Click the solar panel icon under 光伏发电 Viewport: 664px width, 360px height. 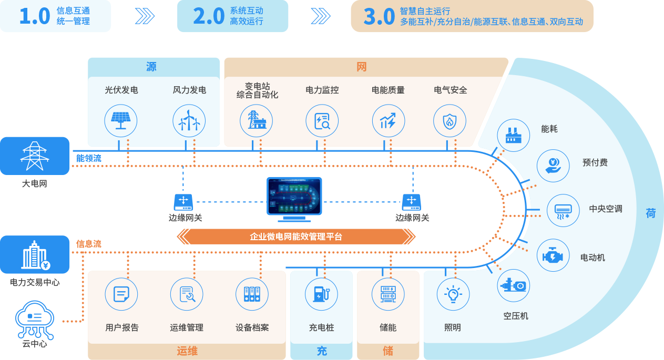(121, 121)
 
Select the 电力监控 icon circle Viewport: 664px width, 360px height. (322, 121)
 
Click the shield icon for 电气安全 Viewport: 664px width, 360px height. (450, 121)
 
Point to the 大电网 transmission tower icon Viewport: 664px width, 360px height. (35, 156)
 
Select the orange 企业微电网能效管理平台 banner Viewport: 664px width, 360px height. (296, 236)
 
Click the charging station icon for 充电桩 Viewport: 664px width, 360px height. (321, 294)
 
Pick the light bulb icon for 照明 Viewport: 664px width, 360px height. (453, 294)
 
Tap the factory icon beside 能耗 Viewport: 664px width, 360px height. (513, 135)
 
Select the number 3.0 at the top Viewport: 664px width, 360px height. (379, 17)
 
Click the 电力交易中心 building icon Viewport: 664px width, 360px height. (35, 255)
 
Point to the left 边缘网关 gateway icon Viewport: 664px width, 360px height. (183, 201)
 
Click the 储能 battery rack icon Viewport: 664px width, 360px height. (387, 294)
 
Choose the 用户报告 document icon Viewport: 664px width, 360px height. (121, 294)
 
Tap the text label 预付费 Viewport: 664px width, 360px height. (595, 163)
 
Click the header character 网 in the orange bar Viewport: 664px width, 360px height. (361, 67)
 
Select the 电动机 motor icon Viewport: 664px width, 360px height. (553, 256)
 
